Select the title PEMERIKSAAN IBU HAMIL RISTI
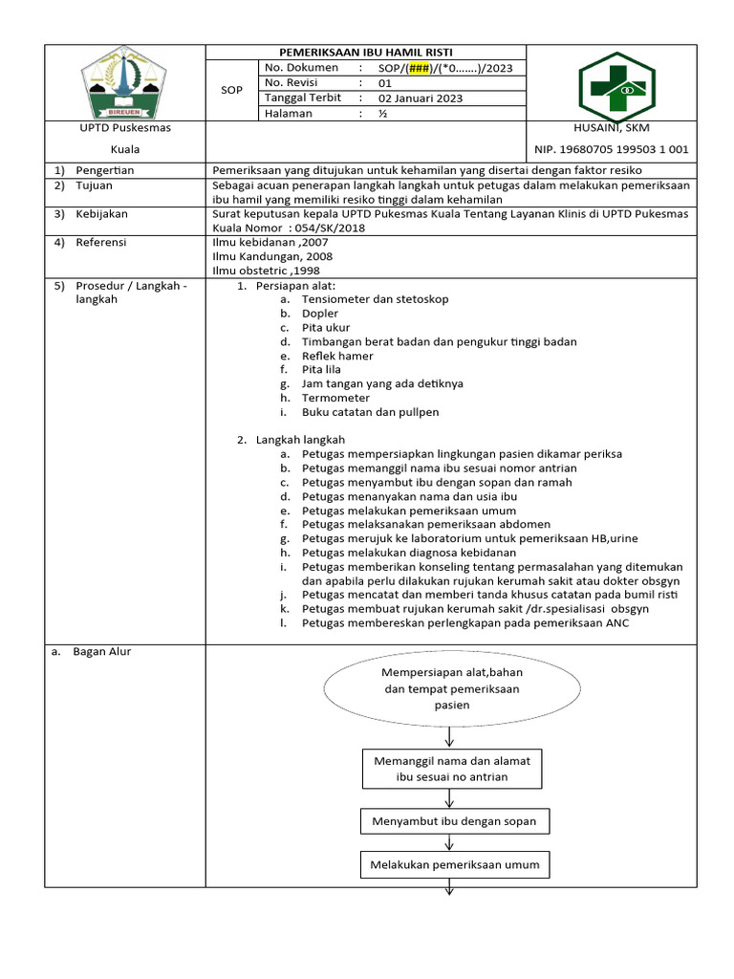click(366, 52)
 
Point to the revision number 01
click(385, 83)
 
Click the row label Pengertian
click(105, 169)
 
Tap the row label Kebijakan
click(101, 214)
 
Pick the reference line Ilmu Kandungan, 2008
click(272, 256)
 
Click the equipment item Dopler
click(320, 313)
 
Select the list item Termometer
click(335, 398)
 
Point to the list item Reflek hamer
click(337, 356)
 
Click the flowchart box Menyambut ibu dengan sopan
click(454, 821)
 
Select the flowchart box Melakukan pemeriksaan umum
click(454, 865)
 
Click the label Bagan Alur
click(102, 652)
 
